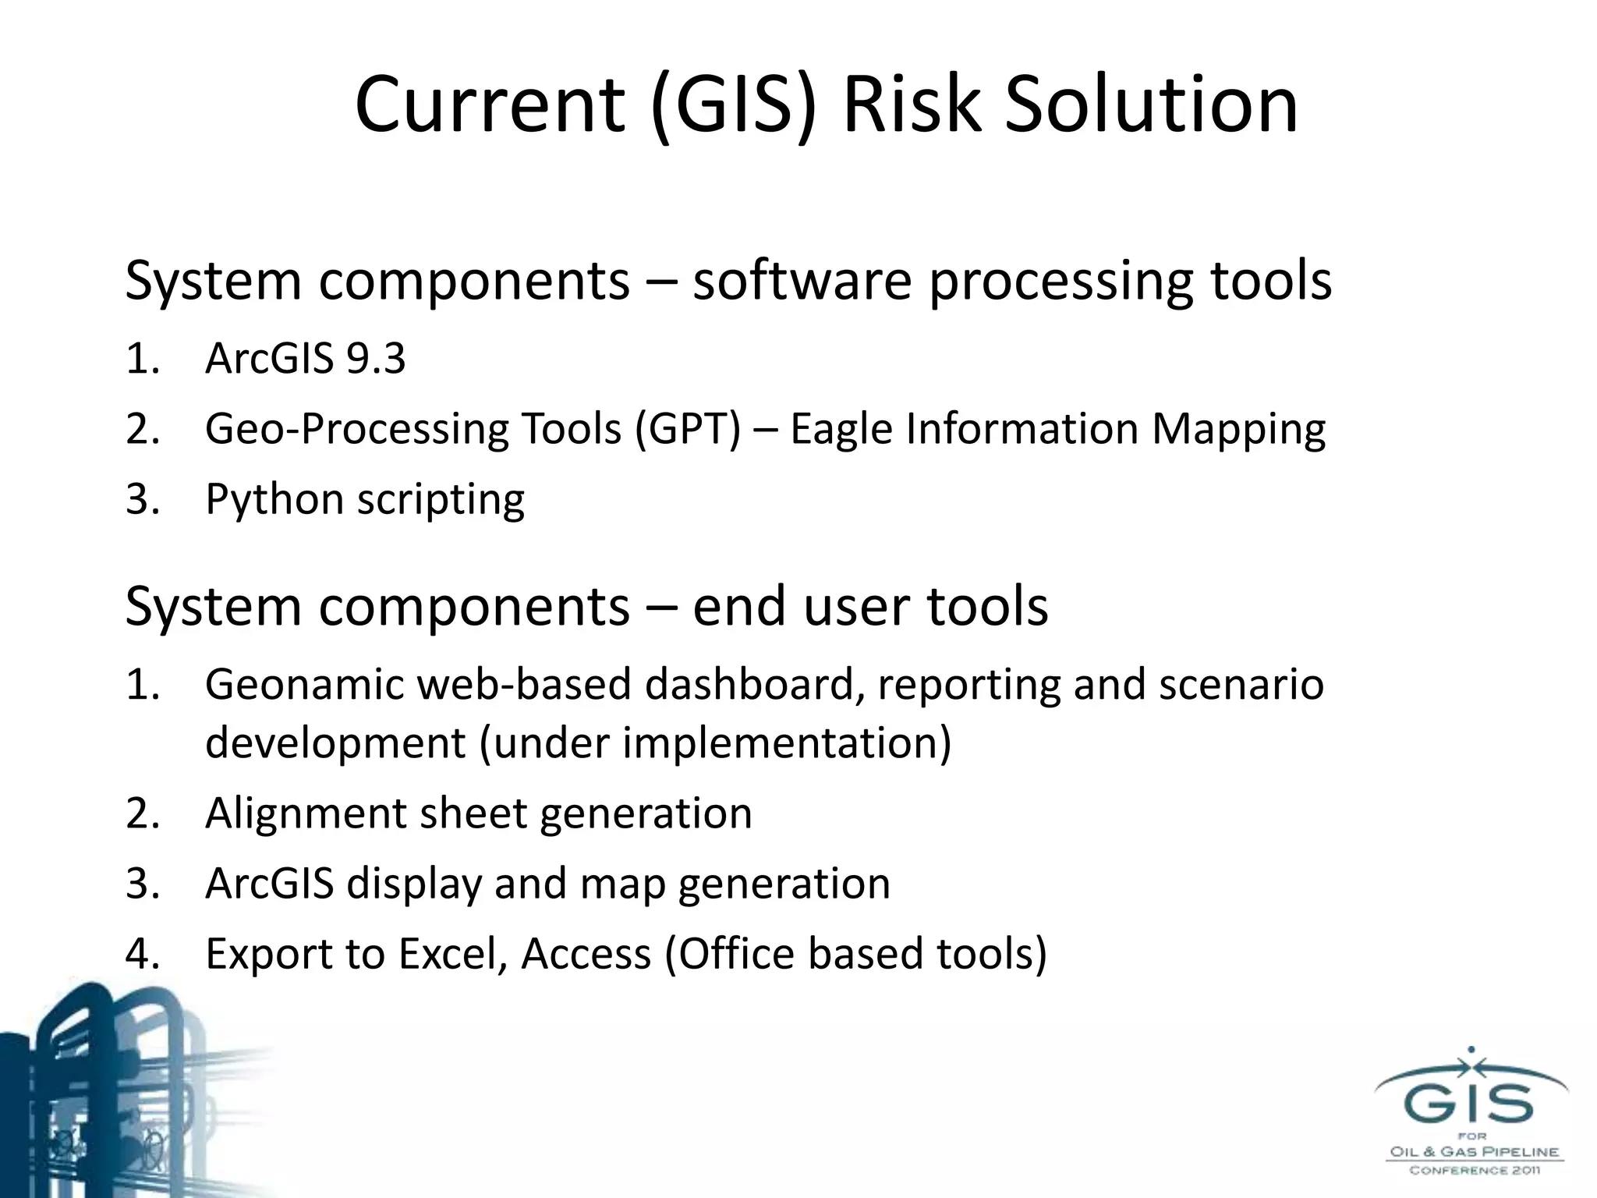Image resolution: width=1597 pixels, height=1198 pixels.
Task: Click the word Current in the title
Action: click(x=490, y=105)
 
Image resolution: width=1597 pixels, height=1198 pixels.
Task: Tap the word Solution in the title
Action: click(x=1150, y=105)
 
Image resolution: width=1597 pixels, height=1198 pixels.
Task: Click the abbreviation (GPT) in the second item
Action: click(x=688, y=430)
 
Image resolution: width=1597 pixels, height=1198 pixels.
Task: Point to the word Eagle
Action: click(x=841, y=430)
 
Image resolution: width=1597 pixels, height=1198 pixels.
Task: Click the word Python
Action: click(x=274, y=500)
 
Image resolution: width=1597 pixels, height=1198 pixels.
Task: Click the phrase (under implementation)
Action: click(x=715, y=743)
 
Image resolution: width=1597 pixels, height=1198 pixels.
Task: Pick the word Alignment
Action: click(x=306, y=814)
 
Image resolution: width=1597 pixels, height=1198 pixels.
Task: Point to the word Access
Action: click(x=586, y=954)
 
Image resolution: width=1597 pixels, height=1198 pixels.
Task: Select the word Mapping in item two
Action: click(x=1238, y=430)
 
